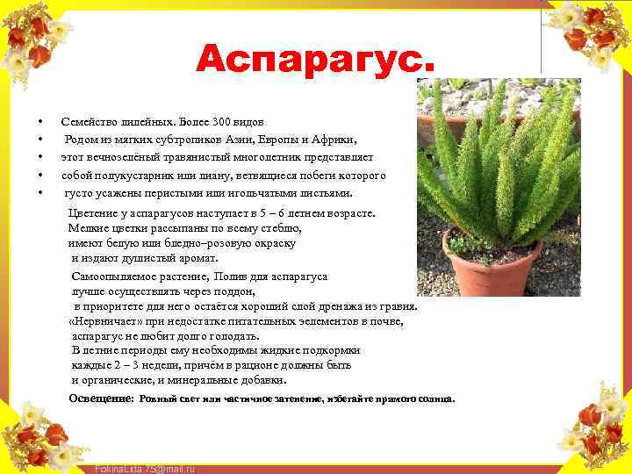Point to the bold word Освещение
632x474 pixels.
click(x=101, y=399)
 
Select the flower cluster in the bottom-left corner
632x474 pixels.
click(x=39, y=434)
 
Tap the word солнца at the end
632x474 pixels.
click(x=436, y=399)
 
